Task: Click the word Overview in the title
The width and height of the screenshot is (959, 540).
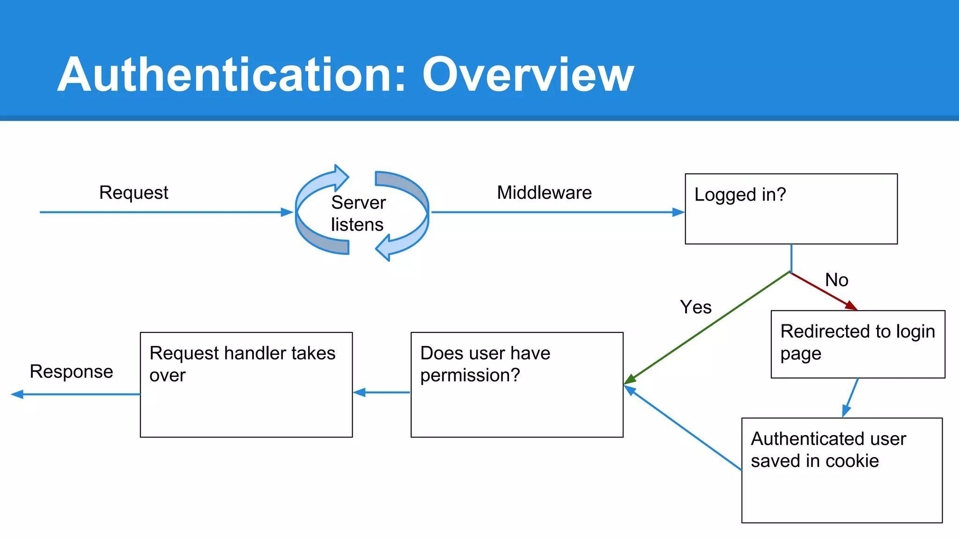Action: [528, 75]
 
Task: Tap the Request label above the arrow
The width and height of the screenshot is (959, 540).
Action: [133, 193]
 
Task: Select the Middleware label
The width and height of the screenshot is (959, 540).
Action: [544, 193]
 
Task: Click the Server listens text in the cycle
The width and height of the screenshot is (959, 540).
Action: [358, 213]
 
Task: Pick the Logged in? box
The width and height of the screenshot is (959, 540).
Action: [791, 209]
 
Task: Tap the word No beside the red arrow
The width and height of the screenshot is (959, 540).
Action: [836, 280]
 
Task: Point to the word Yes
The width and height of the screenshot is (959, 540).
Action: [695, 307]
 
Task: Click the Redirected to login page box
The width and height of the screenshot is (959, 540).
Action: [857, 344]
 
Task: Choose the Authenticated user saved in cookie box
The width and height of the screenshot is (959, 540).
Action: [841, 470]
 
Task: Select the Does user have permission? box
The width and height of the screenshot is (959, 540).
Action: [516, 385]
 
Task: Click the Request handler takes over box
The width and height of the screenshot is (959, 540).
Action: [246, 385]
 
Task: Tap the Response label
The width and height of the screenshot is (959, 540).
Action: [71, 371]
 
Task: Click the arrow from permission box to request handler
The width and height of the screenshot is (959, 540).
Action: [382, 392]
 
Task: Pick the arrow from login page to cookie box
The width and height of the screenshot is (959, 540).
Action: [851, 397]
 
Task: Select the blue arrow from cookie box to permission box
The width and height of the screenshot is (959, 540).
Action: [684, 428]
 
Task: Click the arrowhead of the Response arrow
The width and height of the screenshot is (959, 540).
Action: [17, 394]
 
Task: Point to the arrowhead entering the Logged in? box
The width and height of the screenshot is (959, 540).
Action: [679, 212]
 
